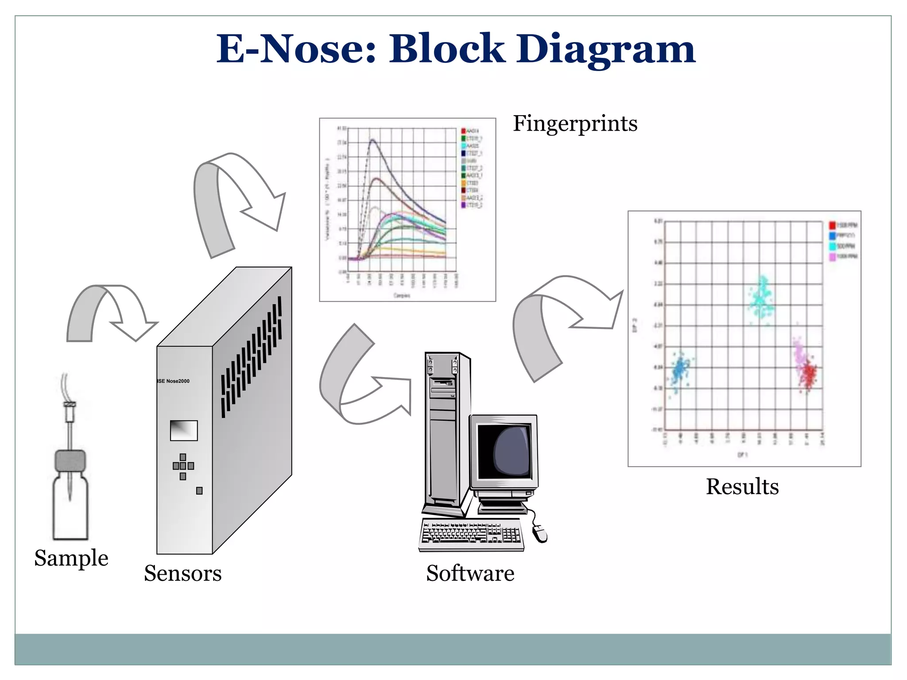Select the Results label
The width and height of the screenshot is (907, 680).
(x=742, y=487)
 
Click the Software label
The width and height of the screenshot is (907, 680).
(x=470, y=573)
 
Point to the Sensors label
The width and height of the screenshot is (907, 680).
(x=182, y=573)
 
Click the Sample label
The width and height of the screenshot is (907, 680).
(x=71, y=558)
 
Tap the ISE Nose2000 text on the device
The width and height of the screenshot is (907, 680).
(x=174, y=381)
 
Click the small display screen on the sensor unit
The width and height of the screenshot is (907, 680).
(x=184, y=430)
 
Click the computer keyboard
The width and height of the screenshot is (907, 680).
(x=471, y=534)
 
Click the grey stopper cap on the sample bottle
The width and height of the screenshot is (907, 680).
(x=70, y=461)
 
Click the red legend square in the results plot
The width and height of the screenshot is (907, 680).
(x=832, y=225)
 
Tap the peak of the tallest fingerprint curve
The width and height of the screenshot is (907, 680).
(x=372, y=140)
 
